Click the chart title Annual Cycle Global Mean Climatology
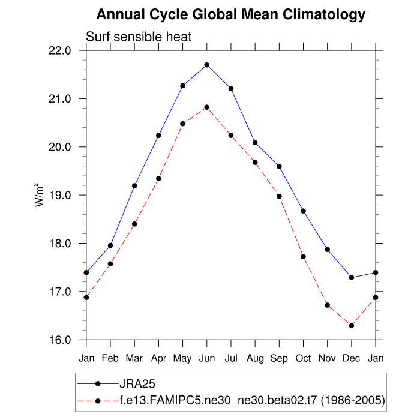pos(231,14)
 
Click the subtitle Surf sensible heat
pos(139,37)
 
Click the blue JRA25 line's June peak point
pos(207,65)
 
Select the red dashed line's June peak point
pos(207,107)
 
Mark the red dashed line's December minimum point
pos(352,326)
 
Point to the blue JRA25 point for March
pos(134,186)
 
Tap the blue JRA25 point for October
pos(304,211)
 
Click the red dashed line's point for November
pos(328,305)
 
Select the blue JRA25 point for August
pos(255,143)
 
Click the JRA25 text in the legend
pos(139,383)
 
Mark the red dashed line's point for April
pos(158,179)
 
